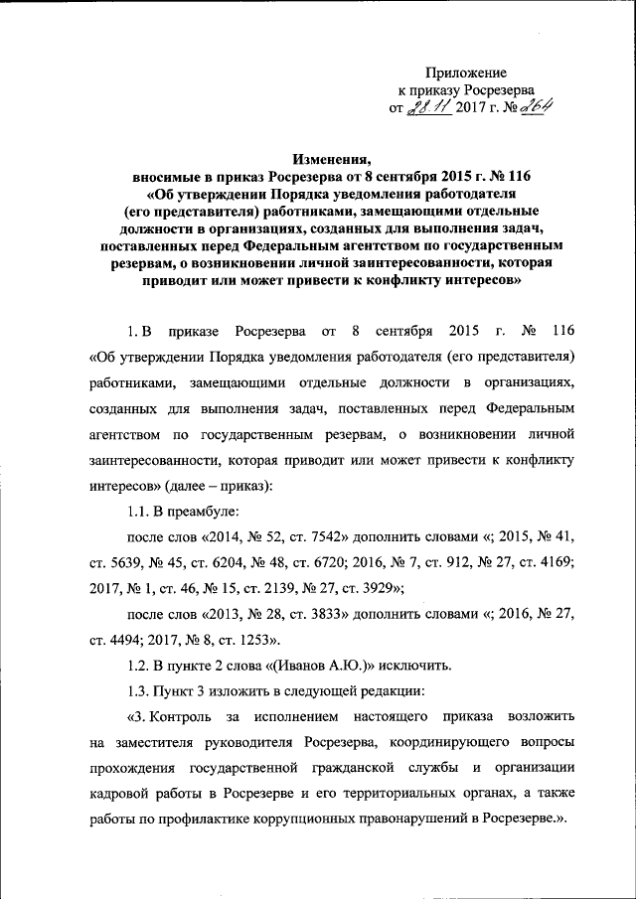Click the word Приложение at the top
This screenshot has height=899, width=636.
[x=466, y=73]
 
